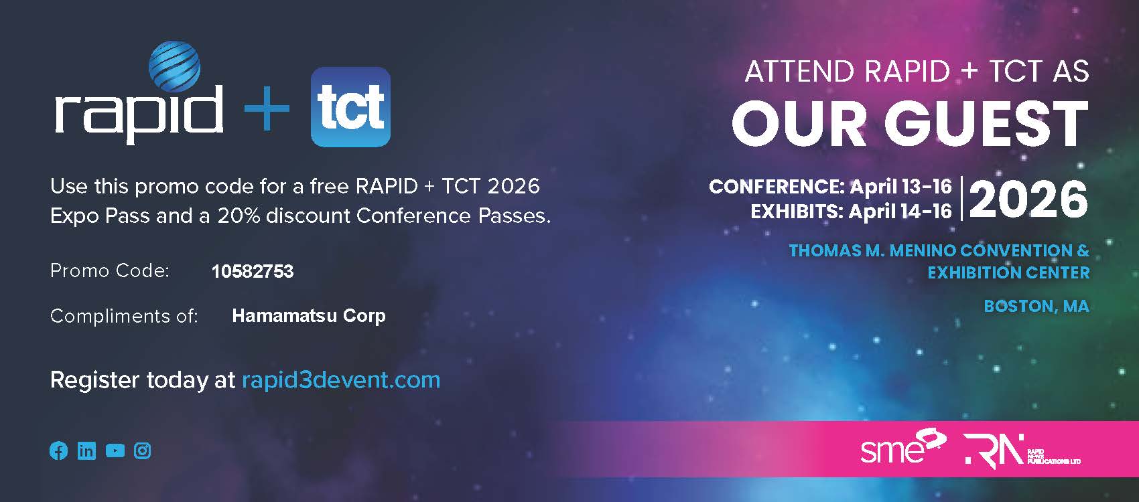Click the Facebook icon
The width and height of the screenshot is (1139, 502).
tap(58, 450)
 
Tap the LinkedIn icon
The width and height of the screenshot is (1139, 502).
tap(86, 450)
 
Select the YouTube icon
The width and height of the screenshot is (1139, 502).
tap(115, 450)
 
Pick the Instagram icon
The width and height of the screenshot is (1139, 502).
tap(142, 450)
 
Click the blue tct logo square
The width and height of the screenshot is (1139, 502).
tap(350, 107)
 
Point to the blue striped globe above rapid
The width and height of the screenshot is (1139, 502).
tap(174, 66)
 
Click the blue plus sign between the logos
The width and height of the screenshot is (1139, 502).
tap(267, 108)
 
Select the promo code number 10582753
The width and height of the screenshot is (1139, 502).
tap(253, 271)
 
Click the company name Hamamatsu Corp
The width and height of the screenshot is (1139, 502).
tap(309, 316)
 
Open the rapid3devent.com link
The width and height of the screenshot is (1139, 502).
tap(340, 380)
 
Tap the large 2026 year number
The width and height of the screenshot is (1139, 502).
tap(1028, 199)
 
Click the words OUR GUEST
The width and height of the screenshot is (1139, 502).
tap(910, 123)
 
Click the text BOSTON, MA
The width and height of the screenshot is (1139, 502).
tap(1036, 306)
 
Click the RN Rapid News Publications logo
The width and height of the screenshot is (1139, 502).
tap(1022, 450)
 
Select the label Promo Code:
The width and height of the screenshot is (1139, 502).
tap(110, 271)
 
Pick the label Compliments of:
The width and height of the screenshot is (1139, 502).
tap(124, 316)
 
